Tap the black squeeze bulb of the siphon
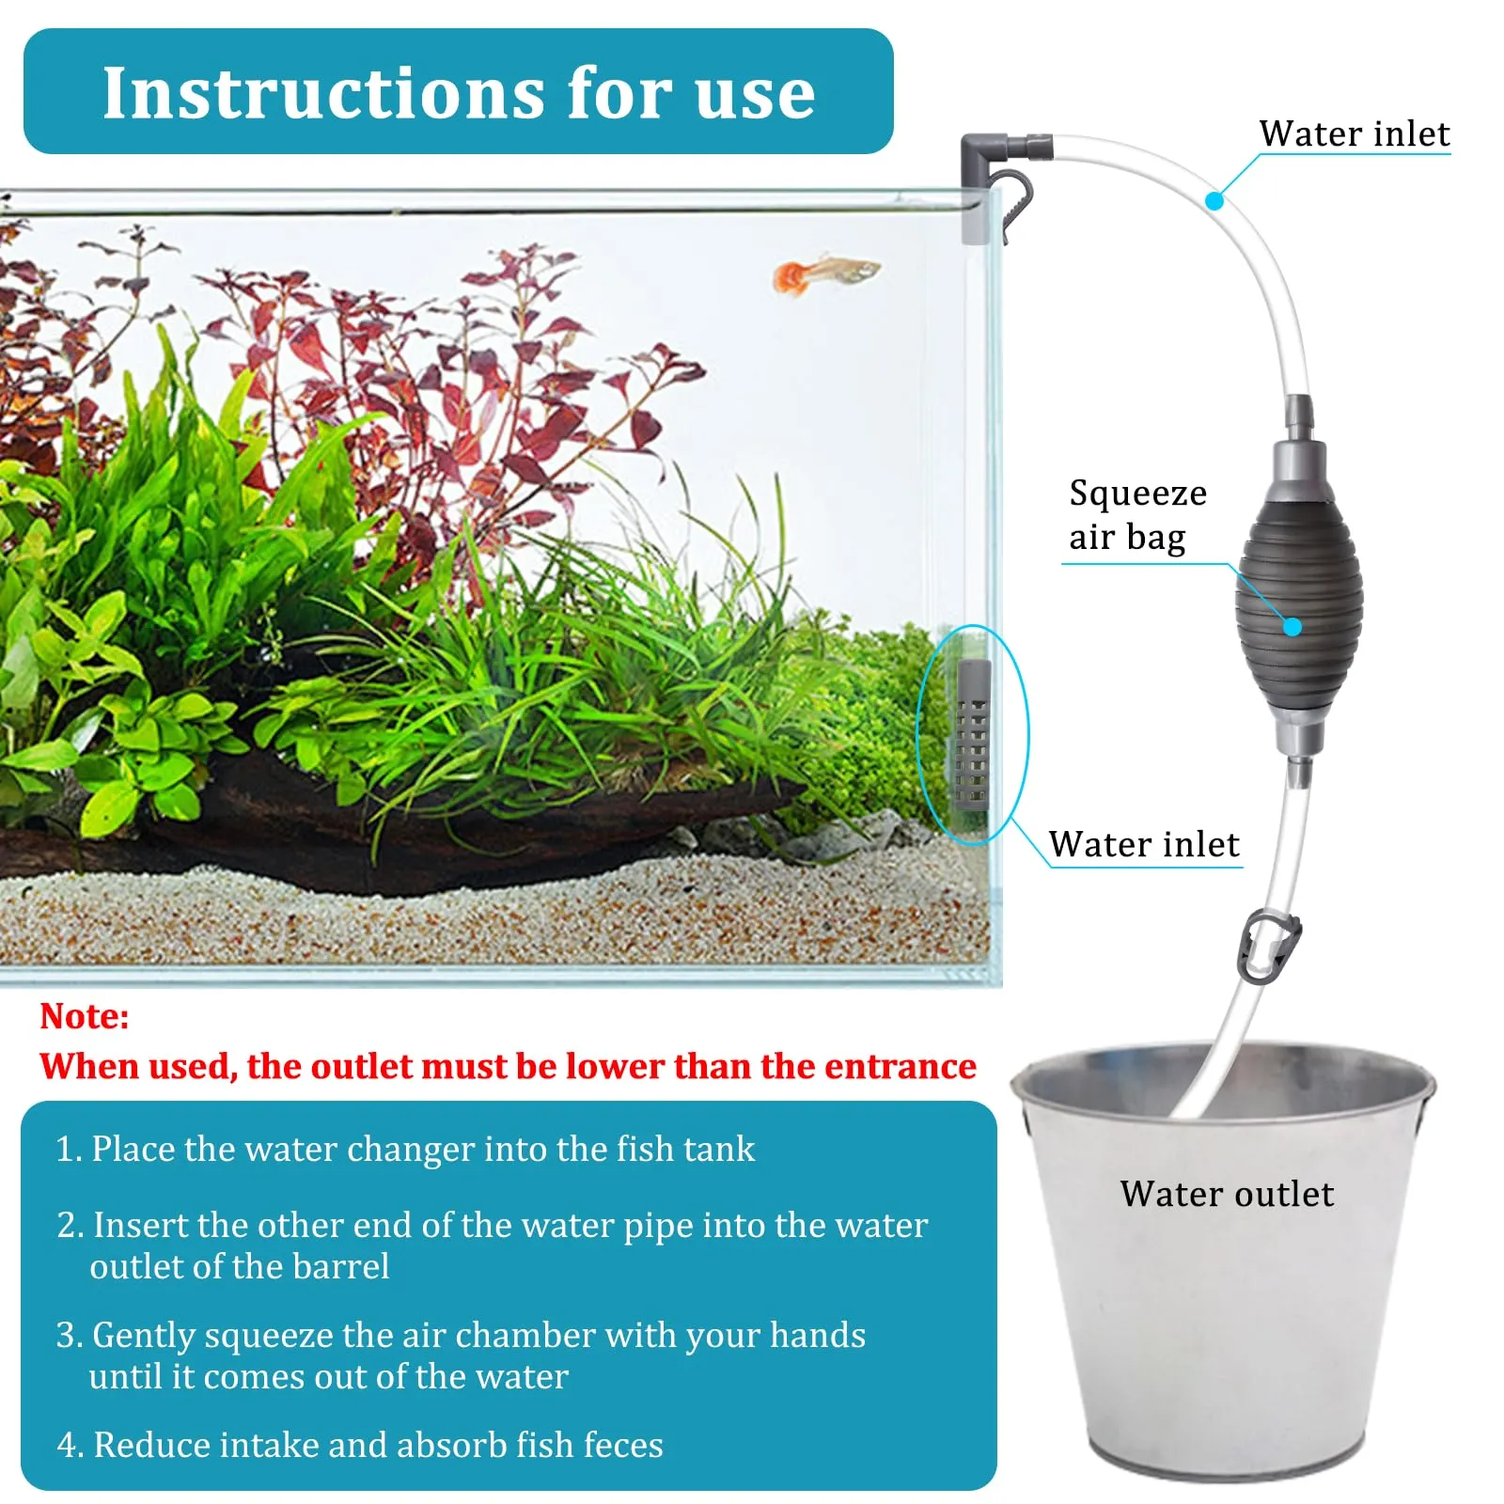[1299, 612]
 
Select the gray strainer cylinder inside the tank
[973, 733]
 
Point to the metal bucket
[1223, 1260]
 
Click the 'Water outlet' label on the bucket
[1227, 1194]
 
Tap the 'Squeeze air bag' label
[1137, 515]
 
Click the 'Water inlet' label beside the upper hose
[1355, 133]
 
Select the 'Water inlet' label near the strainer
[1144, 844]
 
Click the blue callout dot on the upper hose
[1214, 200]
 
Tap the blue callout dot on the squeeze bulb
[1292, 626]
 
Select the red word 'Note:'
[85, 1016]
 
